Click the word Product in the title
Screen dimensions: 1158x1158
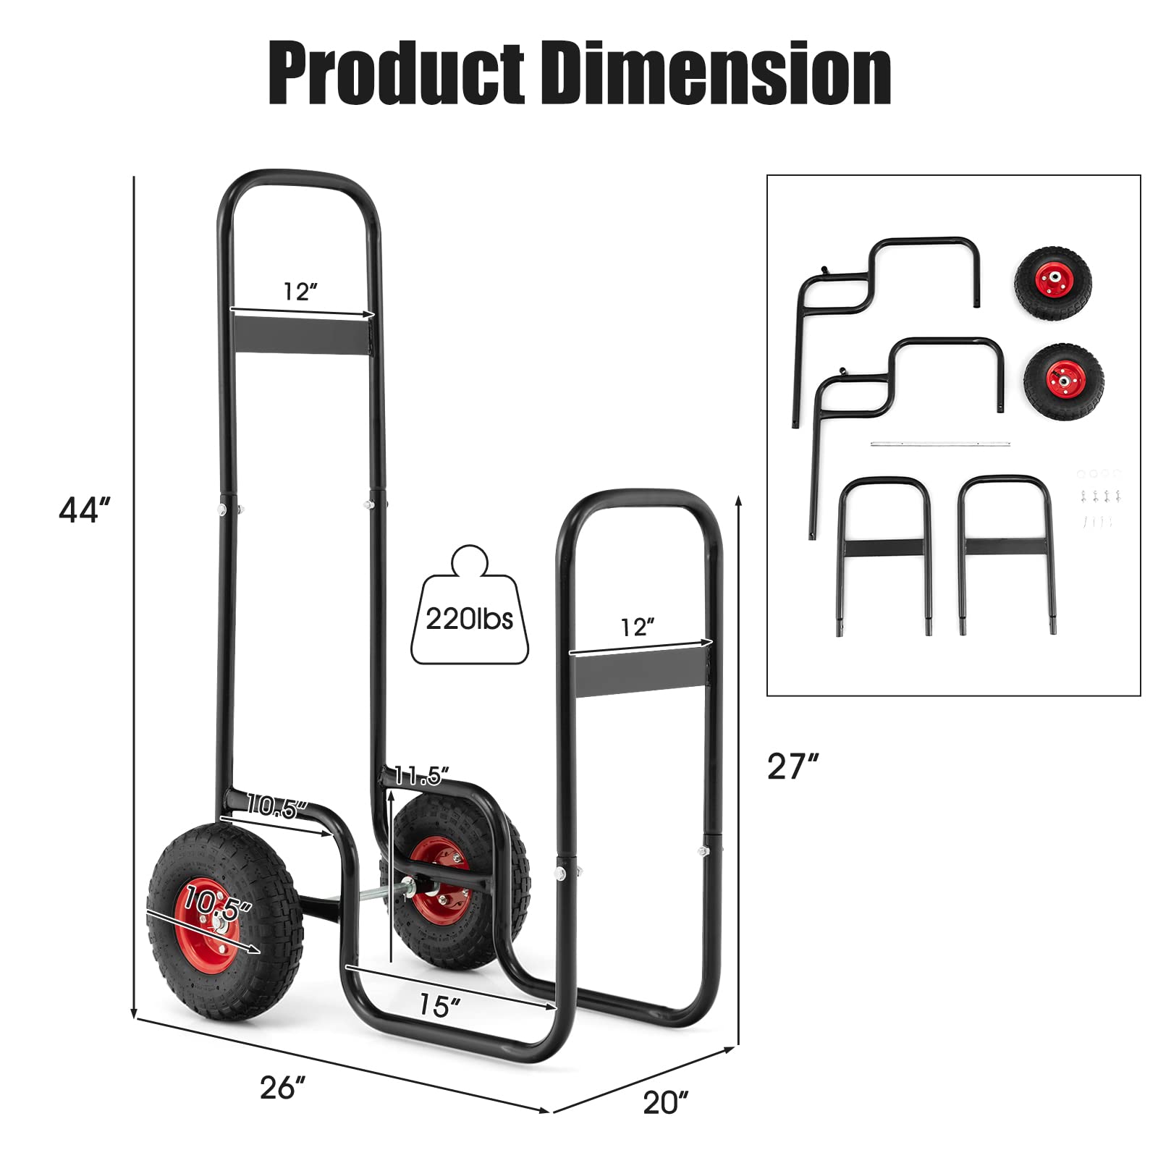pos(397,75)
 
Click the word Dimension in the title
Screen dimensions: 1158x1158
pos(718,75)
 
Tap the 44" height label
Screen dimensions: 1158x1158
pos(85,511)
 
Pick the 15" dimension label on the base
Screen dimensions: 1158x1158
pos(439,1005)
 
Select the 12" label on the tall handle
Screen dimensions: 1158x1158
pos(300,292)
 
